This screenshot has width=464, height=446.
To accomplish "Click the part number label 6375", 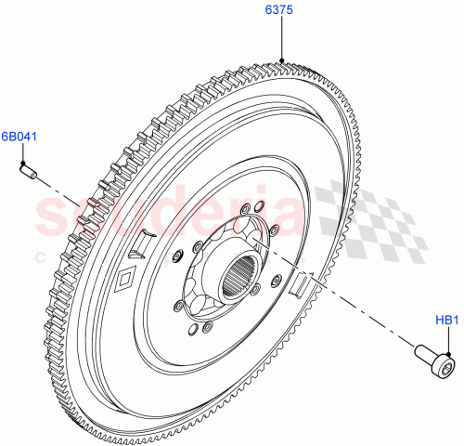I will [x=280, y=12].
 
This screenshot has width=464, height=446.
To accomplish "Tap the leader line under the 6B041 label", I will [x=19, y=152].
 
